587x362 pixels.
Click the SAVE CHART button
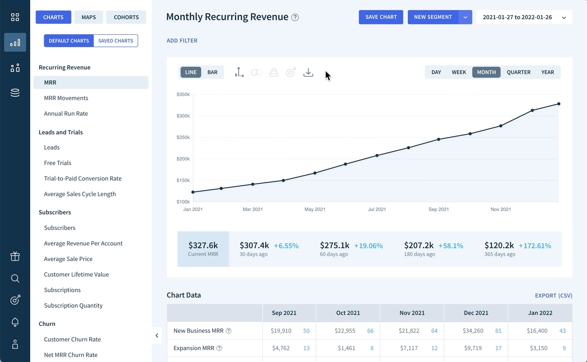(x=381, y=17)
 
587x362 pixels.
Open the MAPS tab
(x=89, y=17)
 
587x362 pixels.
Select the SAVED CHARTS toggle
(x=116, y=41)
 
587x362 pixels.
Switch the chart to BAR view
(x=212, y=72)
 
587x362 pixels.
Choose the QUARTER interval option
(x=518, y=72)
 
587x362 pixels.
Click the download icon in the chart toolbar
(x=308, y=72)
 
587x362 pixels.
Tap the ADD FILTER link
(x=182, y=41)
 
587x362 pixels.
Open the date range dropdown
(x=524, y=17)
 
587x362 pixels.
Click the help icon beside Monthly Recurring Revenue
(x=295, y=17)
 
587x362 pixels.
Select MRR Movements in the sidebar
(x=66, y=98)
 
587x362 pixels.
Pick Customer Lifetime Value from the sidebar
(x=76, y=274)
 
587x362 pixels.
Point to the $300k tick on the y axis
(x=183, y=116)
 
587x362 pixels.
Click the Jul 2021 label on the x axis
(x=377, y=209)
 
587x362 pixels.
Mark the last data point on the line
(x=559, y=104)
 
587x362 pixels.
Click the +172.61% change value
(x=535, y=246)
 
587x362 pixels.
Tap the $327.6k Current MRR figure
(x=203, y=245)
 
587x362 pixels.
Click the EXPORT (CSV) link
(x=554, y=295)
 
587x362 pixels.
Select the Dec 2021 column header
(x=476, y=313)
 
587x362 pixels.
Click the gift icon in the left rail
(x=15, y=256)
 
